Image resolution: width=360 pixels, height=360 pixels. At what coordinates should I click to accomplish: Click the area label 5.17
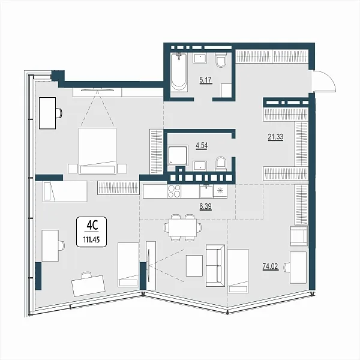tap(206, 80)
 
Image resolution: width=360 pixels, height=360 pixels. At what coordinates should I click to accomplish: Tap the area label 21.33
tap(275, 137)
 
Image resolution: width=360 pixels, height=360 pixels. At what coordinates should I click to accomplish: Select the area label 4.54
tap(202, 146)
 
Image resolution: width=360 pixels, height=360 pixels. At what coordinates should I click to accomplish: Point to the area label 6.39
tap(205, 206)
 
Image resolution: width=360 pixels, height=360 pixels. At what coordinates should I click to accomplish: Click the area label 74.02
tap(270, 266)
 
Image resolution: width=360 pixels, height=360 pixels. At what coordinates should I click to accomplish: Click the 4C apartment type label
tap(92, 226)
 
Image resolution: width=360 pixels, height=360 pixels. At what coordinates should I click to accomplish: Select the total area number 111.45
tap(91, 240)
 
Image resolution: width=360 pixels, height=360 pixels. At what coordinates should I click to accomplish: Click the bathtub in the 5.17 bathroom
tap(179, 73)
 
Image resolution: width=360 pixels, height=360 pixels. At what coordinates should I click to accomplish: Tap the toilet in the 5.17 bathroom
tap(221, 59)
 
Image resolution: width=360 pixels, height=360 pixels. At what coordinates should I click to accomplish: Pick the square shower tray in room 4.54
tap(178, 155)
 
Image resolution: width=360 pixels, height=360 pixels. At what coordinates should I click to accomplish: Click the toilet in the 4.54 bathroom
tap(221, 164)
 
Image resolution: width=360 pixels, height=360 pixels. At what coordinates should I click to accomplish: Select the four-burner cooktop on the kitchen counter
tap(174, 191)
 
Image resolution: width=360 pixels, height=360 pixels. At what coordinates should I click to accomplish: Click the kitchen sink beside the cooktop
tap(206, 191)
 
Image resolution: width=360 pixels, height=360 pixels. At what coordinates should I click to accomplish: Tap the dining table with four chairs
tap(183, 227)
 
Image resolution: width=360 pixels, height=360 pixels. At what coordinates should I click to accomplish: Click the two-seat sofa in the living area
tap(215, 266)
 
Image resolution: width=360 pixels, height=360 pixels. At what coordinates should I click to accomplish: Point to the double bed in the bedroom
tap(97, 151)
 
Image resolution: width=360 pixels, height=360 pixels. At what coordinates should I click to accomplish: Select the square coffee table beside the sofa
tap(194, 266)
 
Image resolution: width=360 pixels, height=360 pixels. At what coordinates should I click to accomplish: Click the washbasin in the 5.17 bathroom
tap(200, 58)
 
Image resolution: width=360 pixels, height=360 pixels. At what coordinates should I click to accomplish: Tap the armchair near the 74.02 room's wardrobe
tap(298, 236)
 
